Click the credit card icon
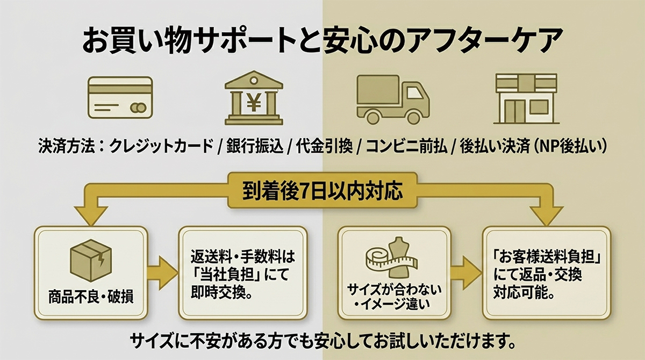click(120, 98)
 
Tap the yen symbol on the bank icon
click(254, 103)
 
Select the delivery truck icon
click(393, 99)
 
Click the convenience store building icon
click(526, 99)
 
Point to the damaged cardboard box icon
click(91, 261)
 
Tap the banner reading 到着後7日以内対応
click(322, 190)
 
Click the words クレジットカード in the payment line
click(161, 147)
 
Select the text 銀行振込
click(255, 147)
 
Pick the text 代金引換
click(324, 147)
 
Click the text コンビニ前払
click(406, 147)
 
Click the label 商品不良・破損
click(91, 297)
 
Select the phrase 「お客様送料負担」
click(547, 257)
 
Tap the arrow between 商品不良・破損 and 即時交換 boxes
click(163, 273)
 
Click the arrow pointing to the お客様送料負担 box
click(466, 273)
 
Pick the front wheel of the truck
click(414, 117)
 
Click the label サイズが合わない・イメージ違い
click(394, 297)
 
